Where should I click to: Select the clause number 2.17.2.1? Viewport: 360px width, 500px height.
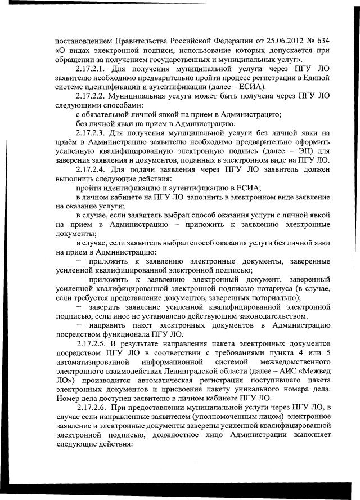tap(97, 69)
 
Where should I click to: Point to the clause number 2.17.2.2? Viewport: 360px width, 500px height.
tap(96, 96)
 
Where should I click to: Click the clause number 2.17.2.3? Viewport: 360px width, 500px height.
tap(96, 132)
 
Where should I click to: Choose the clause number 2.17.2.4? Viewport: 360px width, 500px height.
tap(96, 169)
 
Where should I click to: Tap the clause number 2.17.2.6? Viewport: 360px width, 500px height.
tap(97, 407)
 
